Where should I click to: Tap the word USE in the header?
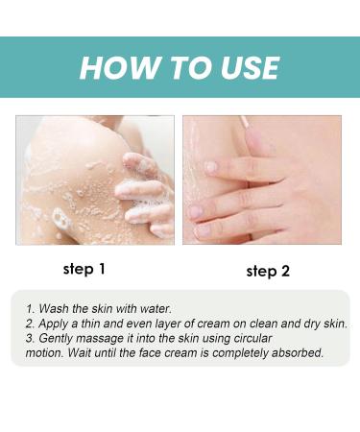242,68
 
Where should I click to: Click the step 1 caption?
84,269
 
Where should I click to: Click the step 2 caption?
267,271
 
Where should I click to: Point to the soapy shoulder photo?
95,179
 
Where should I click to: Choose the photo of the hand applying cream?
261,179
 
